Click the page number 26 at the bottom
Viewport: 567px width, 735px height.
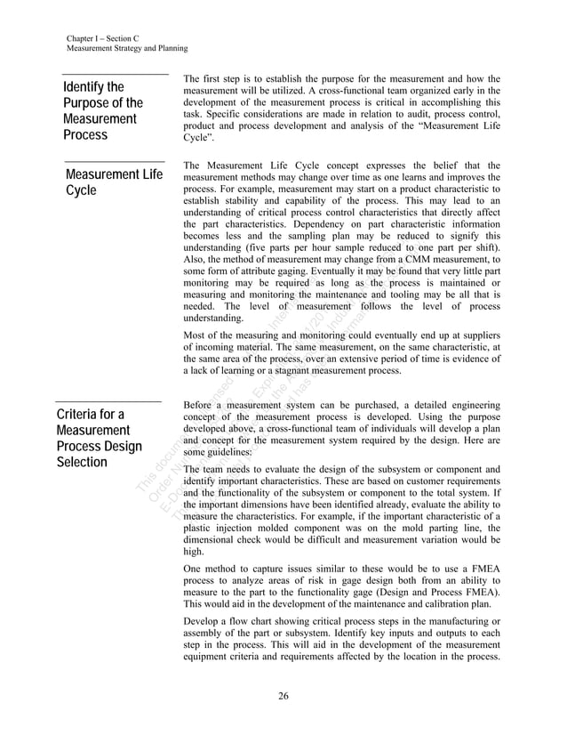click(283, 695)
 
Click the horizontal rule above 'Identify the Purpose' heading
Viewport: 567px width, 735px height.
click(116, 75)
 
